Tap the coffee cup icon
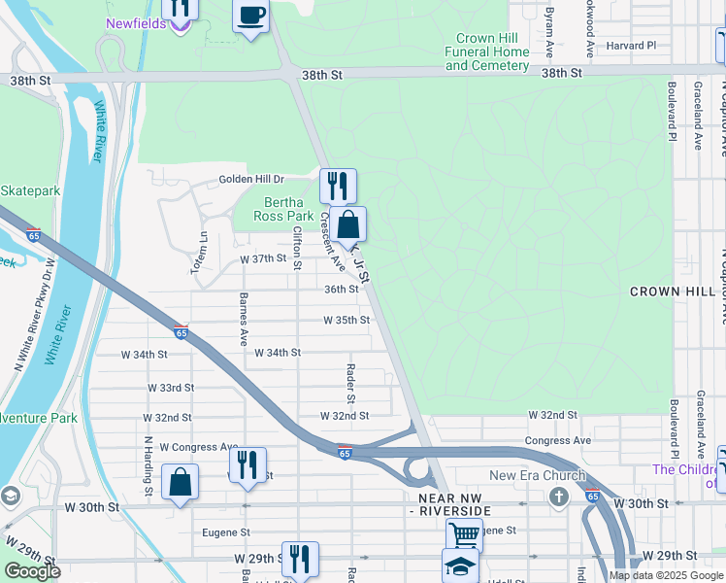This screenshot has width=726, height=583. click(251, 16)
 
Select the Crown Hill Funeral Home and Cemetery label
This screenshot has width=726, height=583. click(487, 51)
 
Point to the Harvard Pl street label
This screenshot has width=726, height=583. click(632, 45)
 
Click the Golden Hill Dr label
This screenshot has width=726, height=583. click(251, 179)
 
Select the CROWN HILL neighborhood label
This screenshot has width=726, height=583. click(672, 291)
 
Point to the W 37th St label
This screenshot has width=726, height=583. click(264, 259)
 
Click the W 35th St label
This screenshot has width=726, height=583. click(346, 320)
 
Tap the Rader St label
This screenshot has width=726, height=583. click(351, 384)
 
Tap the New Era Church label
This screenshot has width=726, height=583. click(538, 475)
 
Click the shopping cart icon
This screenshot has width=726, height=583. click(464, 534)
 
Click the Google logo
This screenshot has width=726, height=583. click(33, 571)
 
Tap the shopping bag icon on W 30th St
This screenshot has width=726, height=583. click(181, 481)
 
